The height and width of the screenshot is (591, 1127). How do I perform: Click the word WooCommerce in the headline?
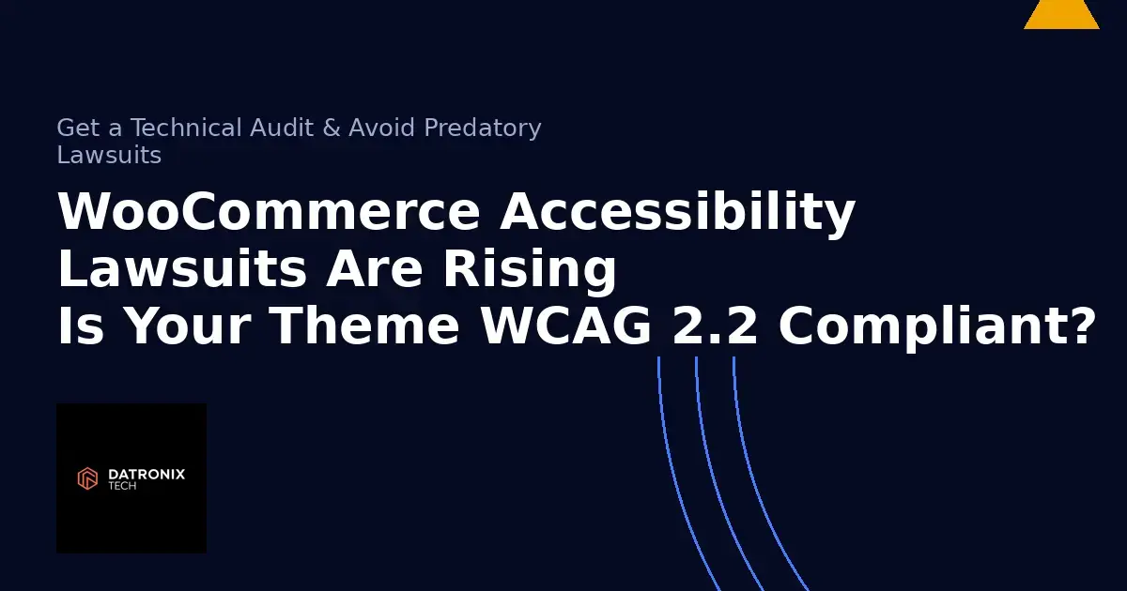tap(269, 213)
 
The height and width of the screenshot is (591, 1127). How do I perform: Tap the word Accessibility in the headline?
tap(677, 213)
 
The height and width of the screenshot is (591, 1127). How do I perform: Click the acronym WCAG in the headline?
tap(566, 326)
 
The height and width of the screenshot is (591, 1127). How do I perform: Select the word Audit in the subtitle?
tap(281, 128)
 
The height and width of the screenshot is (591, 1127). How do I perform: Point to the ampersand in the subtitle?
tap(332, 128)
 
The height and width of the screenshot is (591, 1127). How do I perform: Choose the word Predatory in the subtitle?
tap(483, 128)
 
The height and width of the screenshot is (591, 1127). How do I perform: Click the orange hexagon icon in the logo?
tap(87, 478)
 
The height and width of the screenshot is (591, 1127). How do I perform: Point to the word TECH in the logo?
tap(121, 486)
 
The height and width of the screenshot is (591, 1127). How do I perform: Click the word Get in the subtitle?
tap(78, 128)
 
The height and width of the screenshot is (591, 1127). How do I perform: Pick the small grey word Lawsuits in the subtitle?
tap(109, 155)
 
